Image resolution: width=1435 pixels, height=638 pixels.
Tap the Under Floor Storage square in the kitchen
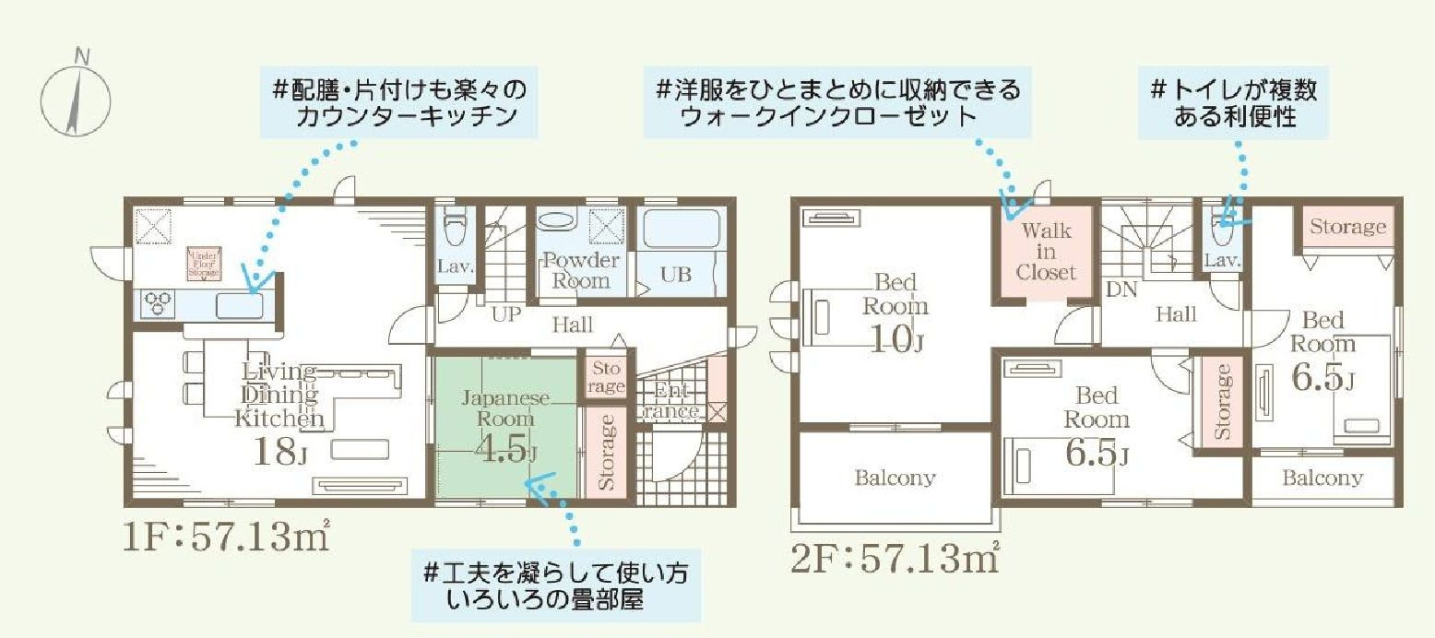coord(202,263)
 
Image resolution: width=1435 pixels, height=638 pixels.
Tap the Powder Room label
coord(580,270)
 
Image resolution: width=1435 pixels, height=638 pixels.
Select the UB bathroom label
coord(676,276)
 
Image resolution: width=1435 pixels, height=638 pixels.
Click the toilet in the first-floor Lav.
coord(456,225)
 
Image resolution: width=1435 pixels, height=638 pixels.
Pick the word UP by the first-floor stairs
coord(506,314)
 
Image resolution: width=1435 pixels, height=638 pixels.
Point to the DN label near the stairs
coord(1121,289)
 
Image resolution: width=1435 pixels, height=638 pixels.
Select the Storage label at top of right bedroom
coord(1347,227)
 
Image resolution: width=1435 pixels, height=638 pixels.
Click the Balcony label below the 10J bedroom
coord(894,478)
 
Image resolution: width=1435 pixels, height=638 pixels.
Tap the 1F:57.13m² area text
coord(226,538)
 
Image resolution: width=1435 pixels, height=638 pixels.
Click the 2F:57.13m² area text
coord(895,559)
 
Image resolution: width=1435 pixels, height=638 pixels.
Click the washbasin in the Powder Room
coord(554,222)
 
